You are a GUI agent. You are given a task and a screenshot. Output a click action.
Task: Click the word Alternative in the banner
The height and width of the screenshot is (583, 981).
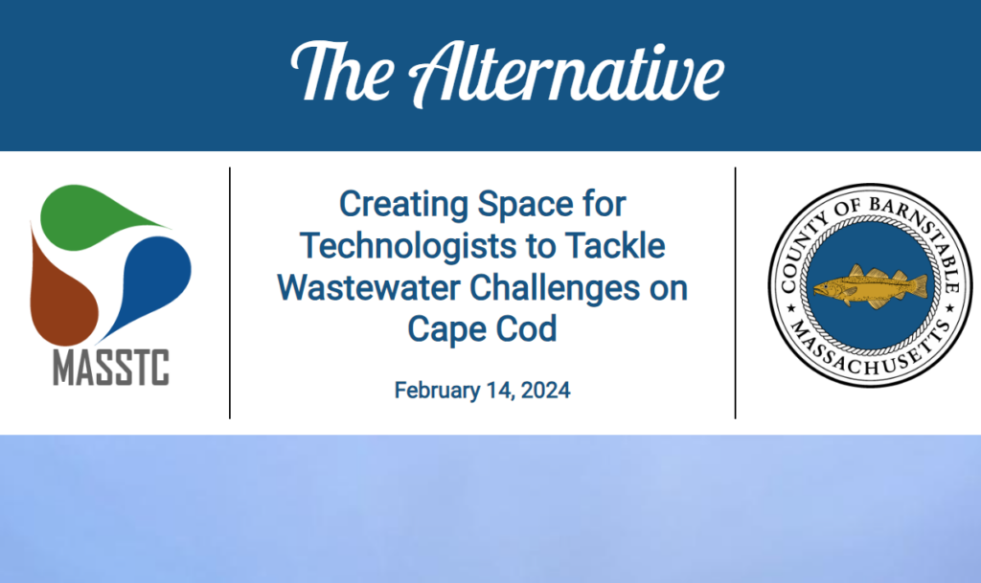566,74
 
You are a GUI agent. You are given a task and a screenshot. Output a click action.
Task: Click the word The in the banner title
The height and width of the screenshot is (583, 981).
343,71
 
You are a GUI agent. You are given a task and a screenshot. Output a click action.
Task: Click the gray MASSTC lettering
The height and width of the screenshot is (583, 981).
111,368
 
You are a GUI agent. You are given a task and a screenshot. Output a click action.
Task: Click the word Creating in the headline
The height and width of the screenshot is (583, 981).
403,205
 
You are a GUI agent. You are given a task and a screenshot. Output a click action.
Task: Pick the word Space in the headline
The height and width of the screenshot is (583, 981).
526,204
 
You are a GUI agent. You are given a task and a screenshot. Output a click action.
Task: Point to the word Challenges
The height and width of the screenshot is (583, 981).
555,288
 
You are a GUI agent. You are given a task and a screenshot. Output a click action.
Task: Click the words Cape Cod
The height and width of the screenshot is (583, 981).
483,328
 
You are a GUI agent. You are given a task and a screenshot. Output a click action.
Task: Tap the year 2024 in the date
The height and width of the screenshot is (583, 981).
545,391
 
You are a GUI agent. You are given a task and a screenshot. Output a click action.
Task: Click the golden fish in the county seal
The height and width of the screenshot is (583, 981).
870,287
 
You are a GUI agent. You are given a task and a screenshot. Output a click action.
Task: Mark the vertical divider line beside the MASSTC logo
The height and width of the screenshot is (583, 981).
230,293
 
